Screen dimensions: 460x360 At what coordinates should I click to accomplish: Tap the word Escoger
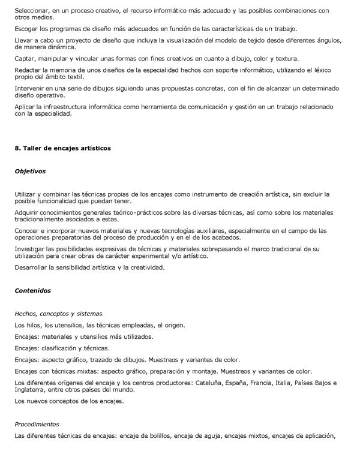[x=28, y=29]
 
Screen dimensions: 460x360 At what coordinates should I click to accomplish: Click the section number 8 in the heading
[x=17, y=148]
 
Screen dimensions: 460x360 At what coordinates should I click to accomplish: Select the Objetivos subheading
[x=30, y=171]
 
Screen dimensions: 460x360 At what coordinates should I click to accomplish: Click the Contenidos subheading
[x=33, y=290]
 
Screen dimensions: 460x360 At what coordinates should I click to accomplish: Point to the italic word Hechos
[x=26, y=313]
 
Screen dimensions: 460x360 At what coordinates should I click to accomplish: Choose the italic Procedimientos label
[x=40, y=424]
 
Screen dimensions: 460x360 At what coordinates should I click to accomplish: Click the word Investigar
[x=31, y=248]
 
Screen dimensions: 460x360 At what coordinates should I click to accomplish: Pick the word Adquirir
[x=29, y=212]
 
